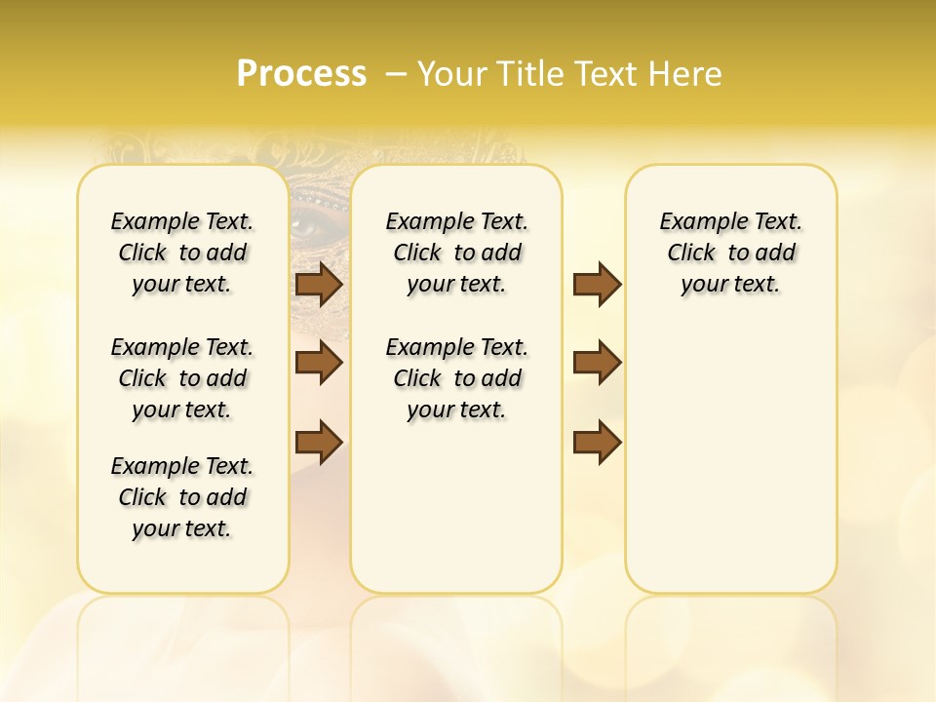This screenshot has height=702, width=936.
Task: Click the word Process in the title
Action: coord(301,73)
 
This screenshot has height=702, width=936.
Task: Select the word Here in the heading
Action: coord(686,73)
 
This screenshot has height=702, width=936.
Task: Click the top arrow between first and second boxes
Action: coord(319,284)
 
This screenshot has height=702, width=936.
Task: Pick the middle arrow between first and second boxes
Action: coord(319,363)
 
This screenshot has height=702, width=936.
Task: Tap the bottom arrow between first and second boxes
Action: coord(319,442)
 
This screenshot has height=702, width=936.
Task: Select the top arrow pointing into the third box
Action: coord(597,284)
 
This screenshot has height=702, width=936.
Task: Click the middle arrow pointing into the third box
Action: coord(597,363)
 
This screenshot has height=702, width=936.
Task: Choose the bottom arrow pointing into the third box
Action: coord(597,442)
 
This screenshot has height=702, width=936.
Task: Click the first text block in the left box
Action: coord(182,253)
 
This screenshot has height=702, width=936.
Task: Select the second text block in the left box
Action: coord(182,378)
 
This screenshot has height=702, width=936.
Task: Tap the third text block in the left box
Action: coord(182,497)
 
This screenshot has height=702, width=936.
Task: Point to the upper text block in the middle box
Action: coord(456,253)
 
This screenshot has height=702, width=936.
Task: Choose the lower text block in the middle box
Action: coord(456,378)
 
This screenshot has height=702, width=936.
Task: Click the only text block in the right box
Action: coord(730,253)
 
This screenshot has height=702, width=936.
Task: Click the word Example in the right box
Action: coord(696,222)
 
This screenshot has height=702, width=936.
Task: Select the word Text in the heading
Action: coord(608,73)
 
